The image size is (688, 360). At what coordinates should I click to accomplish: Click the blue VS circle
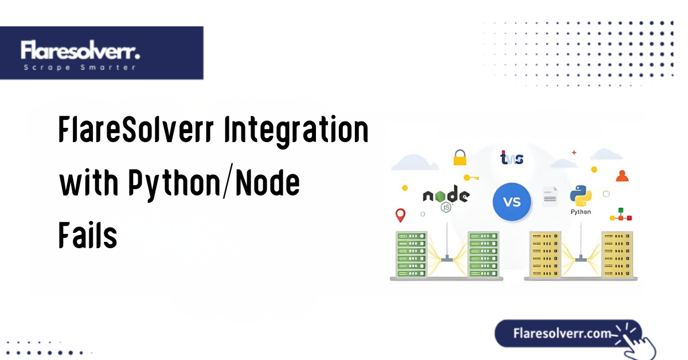point(512,202)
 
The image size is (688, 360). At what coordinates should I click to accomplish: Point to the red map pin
point(401,216)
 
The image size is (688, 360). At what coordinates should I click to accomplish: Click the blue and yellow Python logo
point(580,196)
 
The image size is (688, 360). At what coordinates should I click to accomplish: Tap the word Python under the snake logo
point(580,212)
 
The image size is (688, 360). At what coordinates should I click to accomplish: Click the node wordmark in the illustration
point(445,197)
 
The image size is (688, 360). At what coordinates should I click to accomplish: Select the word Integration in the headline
point(296,131)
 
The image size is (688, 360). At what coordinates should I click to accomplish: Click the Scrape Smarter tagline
point(80,68)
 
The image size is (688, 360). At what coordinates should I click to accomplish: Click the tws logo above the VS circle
point(511,158)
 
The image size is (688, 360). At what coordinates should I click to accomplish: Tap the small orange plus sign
point(574,152)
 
